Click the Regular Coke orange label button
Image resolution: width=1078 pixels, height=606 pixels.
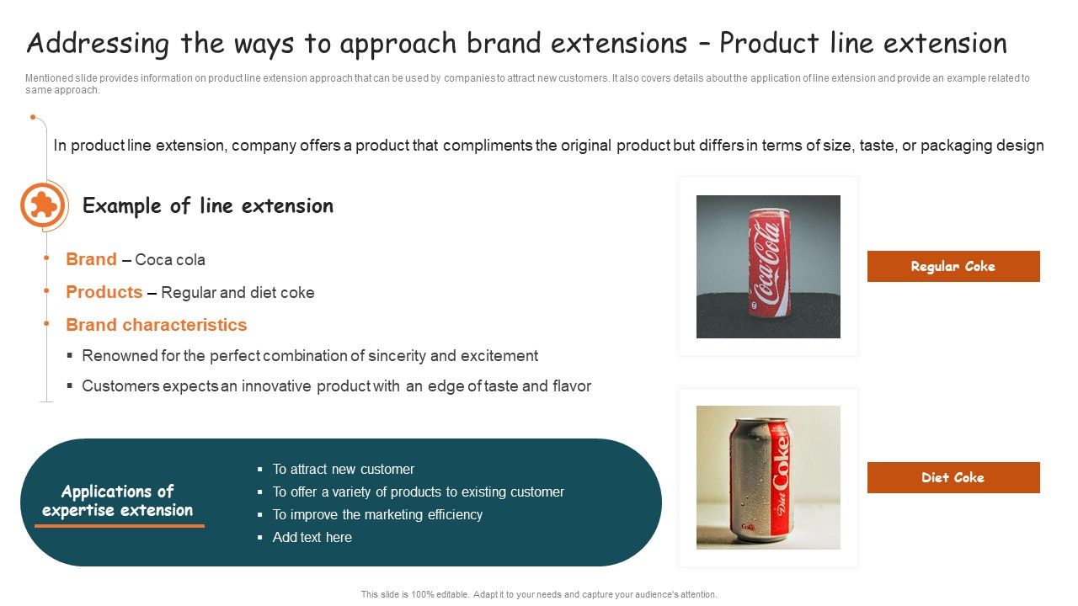[953, 266]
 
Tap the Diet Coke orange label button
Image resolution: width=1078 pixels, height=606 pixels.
[953, 477]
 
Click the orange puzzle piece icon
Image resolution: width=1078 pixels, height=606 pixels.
[42, 205]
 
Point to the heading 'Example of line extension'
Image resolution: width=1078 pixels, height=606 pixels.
[207, 206]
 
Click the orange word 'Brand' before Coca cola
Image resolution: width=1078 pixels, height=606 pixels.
[91, 259]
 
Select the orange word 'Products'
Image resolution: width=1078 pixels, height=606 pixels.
[104, 292]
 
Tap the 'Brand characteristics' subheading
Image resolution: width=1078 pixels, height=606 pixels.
[156, 325]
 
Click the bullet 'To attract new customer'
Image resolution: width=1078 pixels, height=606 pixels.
[343, 469]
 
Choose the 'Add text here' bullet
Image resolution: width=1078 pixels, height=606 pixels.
[312, 537]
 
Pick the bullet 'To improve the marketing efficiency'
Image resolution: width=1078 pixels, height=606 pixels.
[377, 514]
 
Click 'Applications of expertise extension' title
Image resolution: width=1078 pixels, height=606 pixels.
[117, 501]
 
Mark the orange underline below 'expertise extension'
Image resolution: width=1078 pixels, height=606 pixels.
[119, 526]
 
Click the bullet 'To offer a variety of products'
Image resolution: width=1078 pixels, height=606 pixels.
[418, 492]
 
